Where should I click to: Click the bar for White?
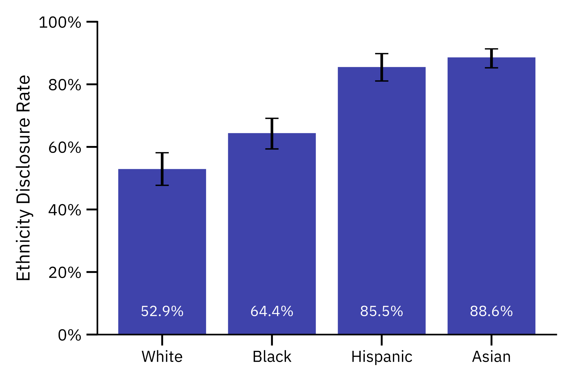click(162, 251)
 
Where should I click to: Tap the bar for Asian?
click(491, 195)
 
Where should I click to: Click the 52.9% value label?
click(162, 311)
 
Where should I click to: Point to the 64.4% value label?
click(272, 311)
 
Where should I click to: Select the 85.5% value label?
click(382, 311)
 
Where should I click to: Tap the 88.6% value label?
click(491, 311)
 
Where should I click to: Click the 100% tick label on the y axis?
click(60, 22)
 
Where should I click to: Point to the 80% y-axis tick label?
click(65, 85)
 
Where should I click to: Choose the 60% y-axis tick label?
click(65, 147)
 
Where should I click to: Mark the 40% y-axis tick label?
click(65, 210)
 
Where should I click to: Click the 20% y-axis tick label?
click(65, 272)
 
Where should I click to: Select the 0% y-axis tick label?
click(69, 335)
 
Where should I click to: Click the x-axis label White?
click(162, 357)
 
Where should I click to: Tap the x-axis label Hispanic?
click(382, 357)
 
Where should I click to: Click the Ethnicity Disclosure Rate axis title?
click(23, 178)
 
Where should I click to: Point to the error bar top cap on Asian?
click(491, 49)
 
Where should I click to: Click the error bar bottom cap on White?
click(162, 185)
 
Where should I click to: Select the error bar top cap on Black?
click(272, 118)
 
